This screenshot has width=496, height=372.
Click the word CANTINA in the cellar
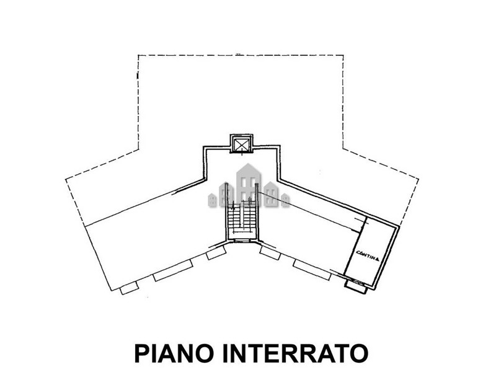coord(368,255)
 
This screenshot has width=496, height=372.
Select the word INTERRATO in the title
coord(296,353)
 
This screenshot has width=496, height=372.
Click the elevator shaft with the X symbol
coord(242,144)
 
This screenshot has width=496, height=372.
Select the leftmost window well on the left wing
coord(130,288)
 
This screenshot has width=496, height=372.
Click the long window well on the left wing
coord(173,270)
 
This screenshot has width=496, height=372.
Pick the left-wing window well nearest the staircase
coord(216,253)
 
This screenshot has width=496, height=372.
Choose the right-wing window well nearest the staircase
coord(270,253)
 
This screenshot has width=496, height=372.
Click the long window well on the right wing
coord(312,270)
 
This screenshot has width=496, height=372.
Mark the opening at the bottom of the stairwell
coord(242,241)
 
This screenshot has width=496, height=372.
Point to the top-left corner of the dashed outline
coord(138,55)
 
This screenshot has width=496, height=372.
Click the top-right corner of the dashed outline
coord(343,55)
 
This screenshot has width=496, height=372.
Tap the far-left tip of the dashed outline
coord(66,180)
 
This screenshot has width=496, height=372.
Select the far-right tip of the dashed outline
coord(418,179)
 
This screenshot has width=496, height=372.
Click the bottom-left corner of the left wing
coord(111,290)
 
